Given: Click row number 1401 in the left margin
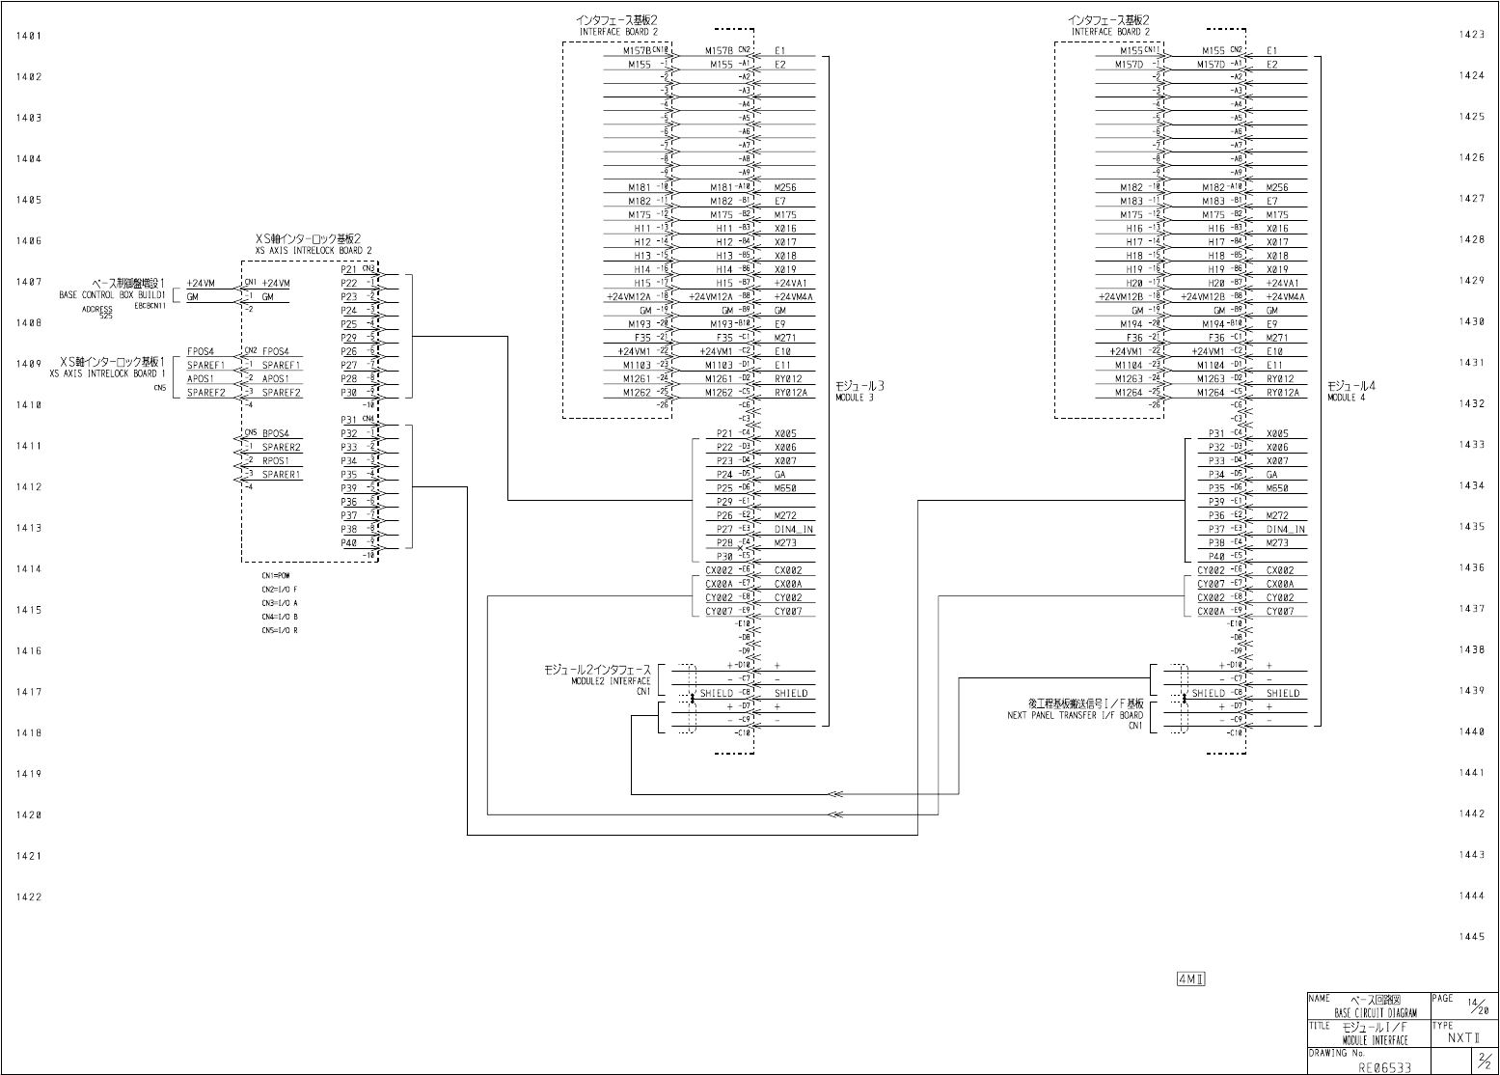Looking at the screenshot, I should (x=29, y=36).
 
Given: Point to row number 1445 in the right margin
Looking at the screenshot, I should (x=1472, y=937).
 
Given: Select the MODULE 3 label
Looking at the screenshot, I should (x=855, y=398).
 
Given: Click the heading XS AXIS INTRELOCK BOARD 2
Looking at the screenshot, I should (x=314, y=250).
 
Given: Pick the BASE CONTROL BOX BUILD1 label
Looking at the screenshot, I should (x=113, y=294).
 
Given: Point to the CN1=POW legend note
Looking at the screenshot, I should (x=275, y=575).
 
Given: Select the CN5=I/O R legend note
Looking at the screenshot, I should (x=279, y=630).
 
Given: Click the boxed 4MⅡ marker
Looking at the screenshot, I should (x=1191, y=979).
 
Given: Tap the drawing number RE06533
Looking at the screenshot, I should (x=1385, y=1067).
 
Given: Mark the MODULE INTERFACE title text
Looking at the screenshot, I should (x=1375, y=1040).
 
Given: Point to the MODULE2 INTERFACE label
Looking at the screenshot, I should (x=611, y=681).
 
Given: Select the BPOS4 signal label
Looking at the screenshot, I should (x=276, y=434).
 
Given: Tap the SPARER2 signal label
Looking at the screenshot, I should (x=282, y=448).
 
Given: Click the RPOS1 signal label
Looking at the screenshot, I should (x=276, y=461).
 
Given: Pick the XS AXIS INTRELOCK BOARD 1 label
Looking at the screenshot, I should (x=108, y=373).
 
